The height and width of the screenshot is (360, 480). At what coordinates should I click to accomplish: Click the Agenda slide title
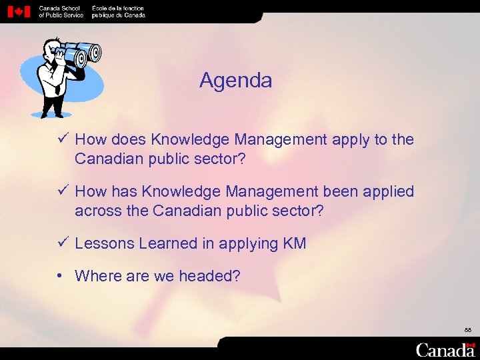(x=235, y=81)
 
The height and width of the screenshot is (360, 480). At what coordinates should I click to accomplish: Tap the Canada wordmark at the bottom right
(x=445, y=349)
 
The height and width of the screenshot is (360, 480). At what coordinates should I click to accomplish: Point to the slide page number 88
(x=469, y=330)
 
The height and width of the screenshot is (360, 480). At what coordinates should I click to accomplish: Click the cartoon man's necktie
(x=58, y=83)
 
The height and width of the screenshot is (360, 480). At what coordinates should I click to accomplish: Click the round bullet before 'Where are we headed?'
(x=61, y=275)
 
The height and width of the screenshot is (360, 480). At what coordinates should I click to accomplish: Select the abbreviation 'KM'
(x=295, y=244)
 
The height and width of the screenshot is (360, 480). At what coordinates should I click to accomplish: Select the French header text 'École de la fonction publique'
(x=118, y=11)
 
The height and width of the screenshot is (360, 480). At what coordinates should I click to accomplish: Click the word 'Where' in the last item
(x=97, y=276)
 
